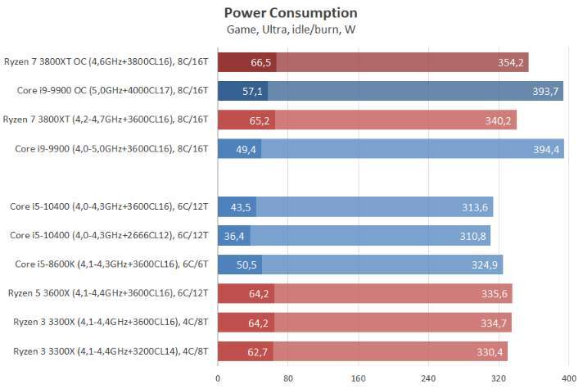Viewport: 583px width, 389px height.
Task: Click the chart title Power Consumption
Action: point(290,13)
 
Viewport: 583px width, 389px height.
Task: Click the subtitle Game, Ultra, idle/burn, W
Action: point(290,29)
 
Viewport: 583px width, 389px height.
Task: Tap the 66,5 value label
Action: point(261,62)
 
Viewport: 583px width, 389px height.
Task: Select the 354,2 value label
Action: point(511,62)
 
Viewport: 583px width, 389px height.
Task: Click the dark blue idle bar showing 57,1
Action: point(242,91)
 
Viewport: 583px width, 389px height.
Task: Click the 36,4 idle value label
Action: point(234,237)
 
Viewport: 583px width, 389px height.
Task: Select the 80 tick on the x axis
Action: point(288,378)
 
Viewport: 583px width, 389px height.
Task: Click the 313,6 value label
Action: point(476,207)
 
